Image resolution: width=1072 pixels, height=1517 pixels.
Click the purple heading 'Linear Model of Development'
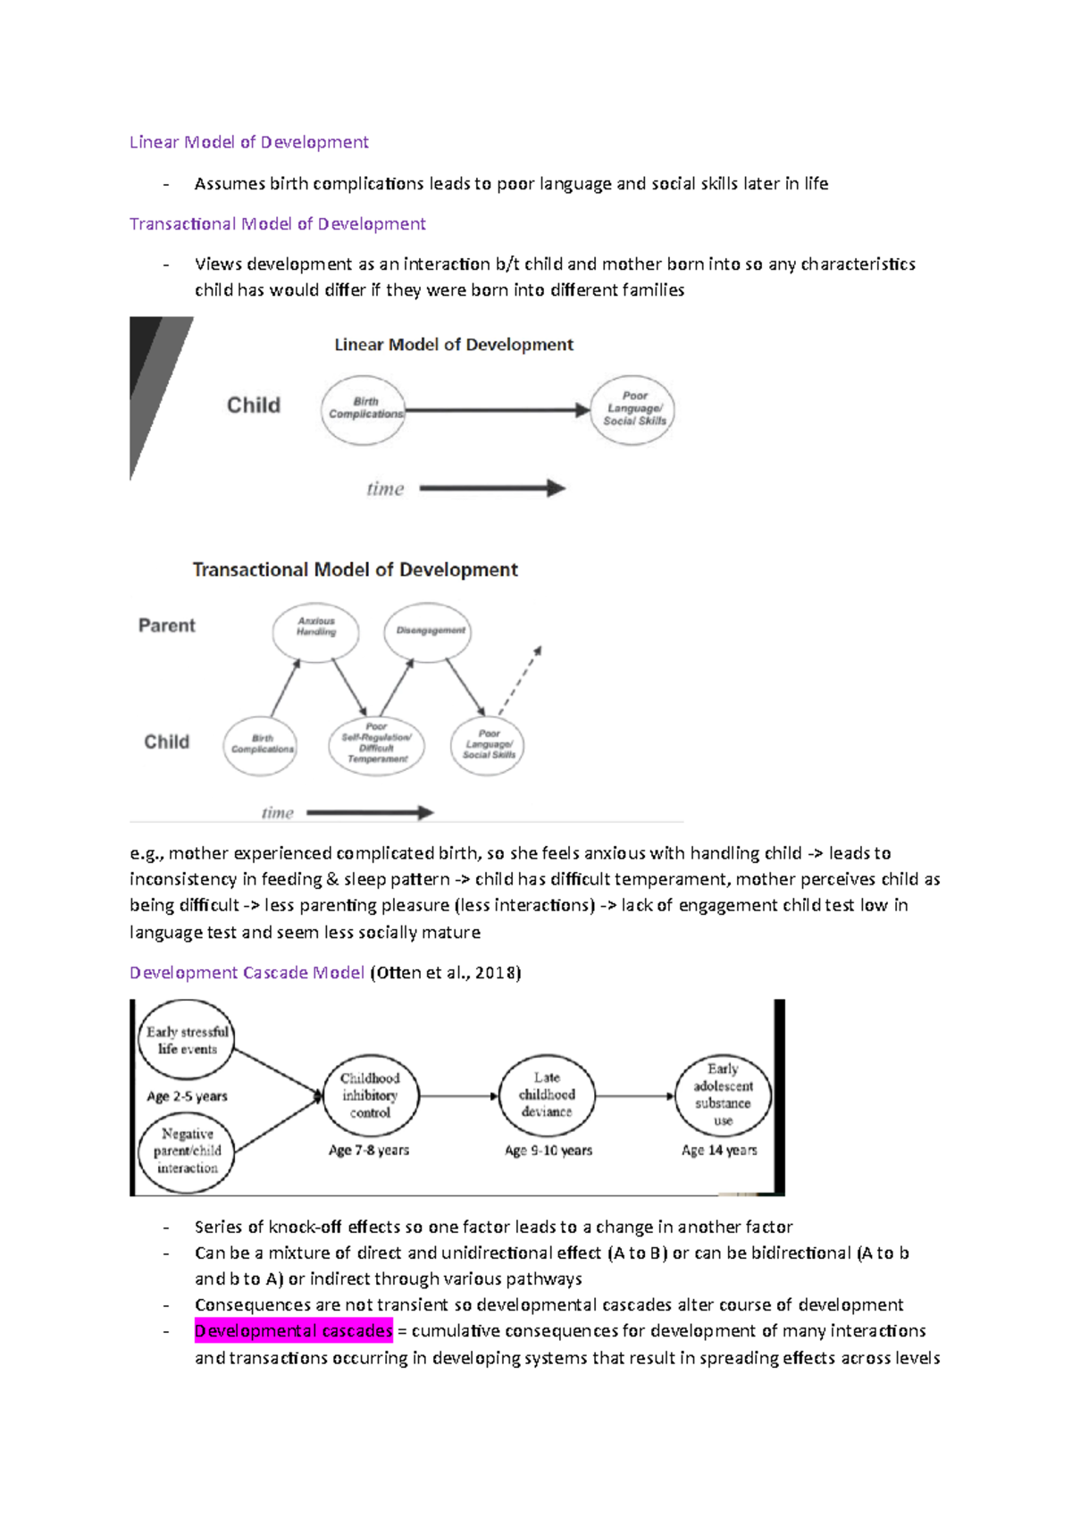pyautogui.click(x=248, y=142)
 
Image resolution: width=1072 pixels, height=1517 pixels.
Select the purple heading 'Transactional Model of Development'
pyautogui.click(x=277, y=223)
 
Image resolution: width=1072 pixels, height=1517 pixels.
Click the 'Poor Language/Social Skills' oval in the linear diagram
pyautogui.click(x=633, y=409)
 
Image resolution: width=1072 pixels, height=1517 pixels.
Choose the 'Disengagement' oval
pyautogui.click(x=429, y=632)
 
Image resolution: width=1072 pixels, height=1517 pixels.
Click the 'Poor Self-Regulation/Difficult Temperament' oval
pyautogui.click(x=376, y=745)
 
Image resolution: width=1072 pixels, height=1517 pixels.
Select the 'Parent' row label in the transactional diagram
pyautogui.click(x=166, y=625)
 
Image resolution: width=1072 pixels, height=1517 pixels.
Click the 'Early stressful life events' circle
pyautogui.click(x=187, y=1040)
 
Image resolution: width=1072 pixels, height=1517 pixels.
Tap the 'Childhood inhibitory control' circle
pyautogui.click(x=370, y=1095)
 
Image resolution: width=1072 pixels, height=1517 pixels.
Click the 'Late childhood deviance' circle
pyautogui.click(x=547, y=1095)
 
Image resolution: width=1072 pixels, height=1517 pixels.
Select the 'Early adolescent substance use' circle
pyautogui.click(x=723, y=1095)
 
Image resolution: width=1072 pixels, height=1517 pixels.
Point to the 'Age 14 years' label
pyautogui.click(x=719, y=1151)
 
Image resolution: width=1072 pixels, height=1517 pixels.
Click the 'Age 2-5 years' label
pyautogui.click(x=187, y=1096)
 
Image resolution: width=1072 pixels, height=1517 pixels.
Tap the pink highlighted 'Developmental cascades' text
pyautogui.click(x=293, y=1331)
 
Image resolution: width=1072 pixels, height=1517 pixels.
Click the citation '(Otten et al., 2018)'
pyautogui.click(x=445, y=972)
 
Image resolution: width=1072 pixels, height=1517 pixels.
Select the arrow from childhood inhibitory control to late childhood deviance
pyautogui.click(x=458, y=1096)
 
